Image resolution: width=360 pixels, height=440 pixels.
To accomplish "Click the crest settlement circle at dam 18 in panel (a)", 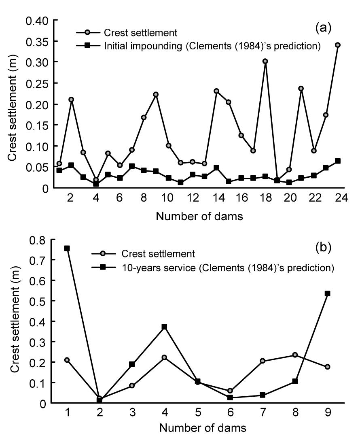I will click(x=265, y=62).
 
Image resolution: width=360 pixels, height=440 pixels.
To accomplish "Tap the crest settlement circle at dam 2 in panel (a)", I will click(x=72, y=99).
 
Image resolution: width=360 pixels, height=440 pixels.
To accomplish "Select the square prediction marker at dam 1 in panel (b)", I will click(x=67, y=248).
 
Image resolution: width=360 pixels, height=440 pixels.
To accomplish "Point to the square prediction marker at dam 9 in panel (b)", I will click(x=328, y=293).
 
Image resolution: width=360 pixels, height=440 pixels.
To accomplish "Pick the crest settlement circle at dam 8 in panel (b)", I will click(x=295, y=355).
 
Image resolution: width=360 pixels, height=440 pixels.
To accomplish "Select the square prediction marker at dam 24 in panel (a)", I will click(x=338, y=161).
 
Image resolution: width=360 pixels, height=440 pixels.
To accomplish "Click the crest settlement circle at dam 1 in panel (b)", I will click(x=67, y=360).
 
